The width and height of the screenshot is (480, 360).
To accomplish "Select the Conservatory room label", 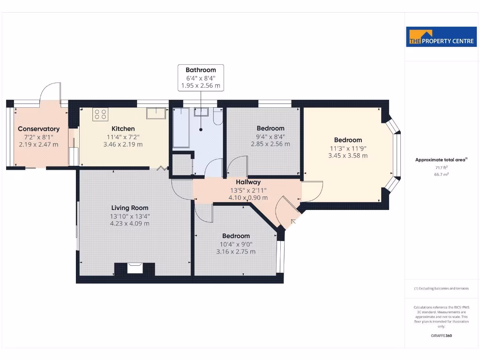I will [x=38, y=129].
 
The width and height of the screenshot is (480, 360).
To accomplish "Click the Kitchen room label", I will [x=123, y=128].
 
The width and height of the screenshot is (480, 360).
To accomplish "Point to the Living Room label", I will [x=130, y=208].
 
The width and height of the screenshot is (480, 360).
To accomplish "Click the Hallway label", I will [x=248, y=182].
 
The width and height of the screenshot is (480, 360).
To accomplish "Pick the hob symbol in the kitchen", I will [x=100, y=114].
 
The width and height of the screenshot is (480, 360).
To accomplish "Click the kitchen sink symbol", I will [x=156, y=113].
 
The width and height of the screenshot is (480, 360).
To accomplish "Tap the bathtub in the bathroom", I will [x=180, y=128].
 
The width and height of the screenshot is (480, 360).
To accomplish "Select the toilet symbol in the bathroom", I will [x=218, y=116].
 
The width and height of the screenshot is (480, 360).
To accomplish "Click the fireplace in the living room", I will [x=135, y=269].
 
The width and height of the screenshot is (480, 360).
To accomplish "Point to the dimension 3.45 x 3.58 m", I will [x=348, y=156].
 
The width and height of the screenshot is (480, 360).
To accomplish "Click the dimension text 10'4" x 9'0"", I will [x=236, y=244].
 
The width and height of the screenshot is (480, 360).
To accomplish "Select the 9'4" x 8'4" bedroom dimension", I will [x=270, y=136].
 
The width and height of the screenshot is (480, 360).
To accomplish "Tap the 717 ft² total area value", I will [x=441, y=167].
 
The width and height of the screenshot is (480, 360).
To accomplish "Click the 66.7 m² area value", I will [x=441, y=174].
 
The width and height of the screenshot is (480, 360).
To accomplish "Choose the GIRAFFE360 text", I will [x=441, y=336].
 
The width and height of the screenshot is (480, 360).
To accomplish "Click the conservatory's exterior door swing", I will [x=51, y=92].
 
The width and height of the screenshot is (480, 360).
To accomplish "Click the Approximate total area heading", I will [x=441, y=160].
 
